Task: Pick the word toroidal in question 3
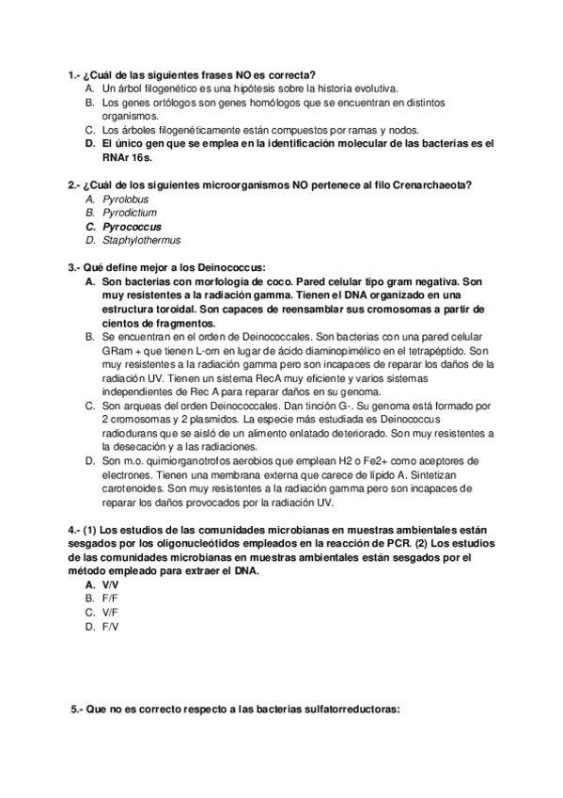click(x=195, y=308)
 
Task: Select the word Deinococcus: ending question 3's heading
click(x=230, y=267)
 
